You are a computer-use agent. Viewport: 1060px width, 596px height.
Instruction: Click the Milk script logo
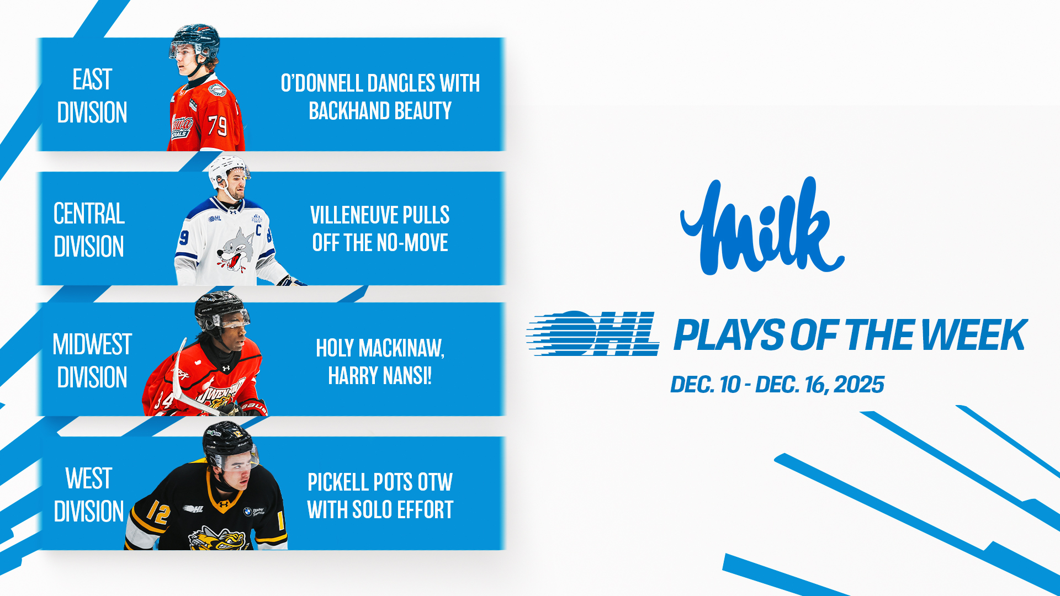tap(762, 226)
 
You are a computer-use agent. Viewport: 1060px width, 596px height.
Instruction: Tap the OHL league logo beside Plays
tap(593, 333)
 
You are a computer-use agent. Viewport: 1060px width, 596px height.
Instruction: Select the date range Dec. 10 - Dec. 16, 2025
tap(777, 385)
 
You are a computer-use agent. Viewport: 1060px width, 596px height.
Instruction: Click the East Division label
tap(92, 95)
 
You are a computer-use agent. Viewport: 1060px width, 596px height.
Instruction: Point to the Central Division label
tap(89, 230)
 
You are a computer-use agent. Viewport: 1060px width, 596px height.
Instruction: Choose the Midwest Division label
tap(92, 360)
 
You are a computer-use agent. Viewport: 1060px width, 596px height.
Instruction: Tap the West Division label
tap(89, 494)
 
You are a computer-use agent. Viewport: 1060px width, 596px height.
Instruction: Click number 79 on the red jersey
tap(218, 125)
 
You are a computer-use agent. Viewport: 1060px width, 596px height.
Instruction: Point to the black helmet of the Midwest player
tap(220, 307)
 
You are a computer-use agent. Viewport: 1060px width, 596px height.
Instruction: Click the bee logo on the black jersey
tap(218, 539)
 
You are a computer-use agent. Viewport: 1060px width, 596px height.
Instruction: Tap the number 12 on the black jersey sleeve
tap(158, 513)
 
